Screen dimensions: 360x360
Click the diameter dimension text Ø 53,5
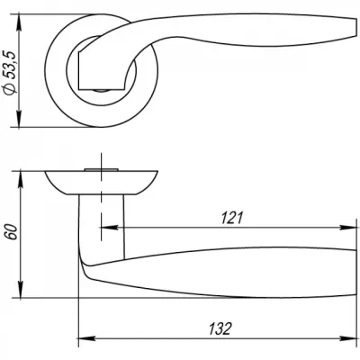pyautogui.click(x=10, y=73)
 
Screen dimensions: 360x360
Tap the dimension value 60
pyautogui.click(x=13, y=231)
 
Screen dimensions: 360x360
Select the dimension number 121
pyautogui.click(x=231, y=218)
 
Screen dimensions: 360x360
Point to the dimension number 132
pyautogui.click(x=220, y=328)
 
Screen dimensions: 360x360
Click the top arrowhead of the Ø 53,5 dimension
pyautogui.click(x=19, y=22)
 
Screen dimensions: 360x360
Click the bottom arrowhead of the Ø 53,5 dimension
pyautogui.click(x=19, y=119)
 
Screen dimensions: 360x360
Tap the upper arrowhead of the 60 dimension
pyautogui.click(x=21, y=179)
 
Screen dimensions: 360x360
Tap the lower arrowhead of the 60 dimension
pyautogui.click(x=21, y=290)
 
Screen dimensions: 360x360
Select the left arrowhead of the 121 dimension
pyautogui.click(x=110, y=228)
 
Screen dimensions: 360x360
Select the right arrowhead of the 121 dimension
pyautogui.click(x=347, y=228)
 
